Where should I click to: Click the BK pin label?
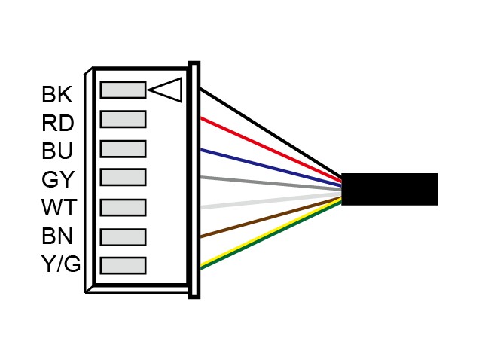[x=56, y=94]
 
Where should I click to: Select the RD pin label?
[x=58, y=124]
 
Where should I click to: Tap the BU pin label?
[x=57, y=151]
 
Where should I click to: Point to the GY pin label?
[x=58, y=179]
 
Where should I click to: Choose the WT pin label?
[x=59, y=207]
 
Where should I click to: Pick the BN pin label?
[x=57, y=236]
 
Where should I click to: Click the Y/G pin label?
[x=61, y=264]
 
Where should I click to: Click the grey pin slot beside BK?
[x=123, y=90]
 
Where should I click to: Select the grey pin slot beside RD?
[x=123, y=119]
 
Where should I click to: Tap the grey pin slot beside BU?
[x=123, y=149]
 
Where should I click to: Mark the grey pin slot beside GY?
[x=123, y=177]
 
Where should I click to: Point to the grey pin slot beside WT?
[x=123, y=207]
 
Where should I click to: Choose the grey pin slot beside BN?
[x=123, y=237]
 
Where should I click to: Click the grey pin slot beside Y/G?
[x=123, y=265]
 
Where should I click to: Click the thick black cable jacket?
[x=389, y=189]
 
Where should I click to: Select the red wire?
[x=271, y=150]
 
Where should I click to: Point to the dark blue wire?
[x=271, y=168]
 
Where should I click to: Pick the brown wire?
[x=271, y=218]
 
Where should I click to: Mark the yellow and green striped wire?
[x=271, y=233]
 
